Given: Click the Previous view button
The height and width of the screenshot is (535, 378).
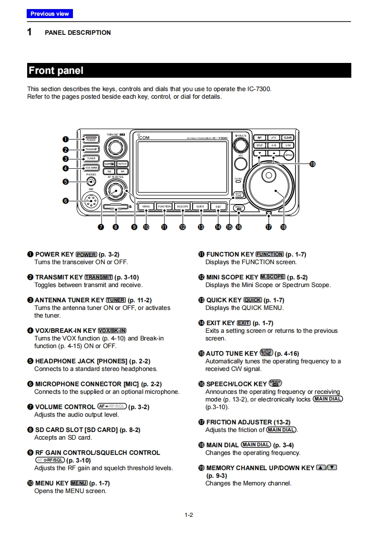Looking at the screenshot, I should (50, 14).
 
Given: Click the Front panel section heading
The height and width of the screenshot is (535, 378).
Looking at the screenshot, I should (56, 71).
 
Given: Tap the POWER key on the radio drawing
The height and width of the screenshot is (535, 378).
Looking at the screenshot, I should (91, 139).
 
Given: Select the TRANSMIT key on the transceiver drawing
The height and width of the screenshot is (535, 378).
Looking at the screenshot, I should (91, 149).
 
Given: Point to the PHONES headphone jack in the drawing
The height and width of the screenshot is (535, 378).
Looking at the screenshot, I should (91, 181).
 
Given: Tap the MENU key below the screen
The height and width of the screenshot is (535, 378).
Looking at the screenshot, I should (146, 206).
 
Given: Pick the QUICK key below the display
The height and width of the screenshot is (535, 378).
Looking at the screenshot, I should (200, 206).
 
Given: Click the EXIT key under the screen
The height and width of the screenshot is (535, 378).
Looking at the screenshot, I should (218, 206).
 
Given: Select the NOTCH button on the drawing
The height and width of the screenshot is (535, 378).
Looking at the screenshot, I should (122, 164).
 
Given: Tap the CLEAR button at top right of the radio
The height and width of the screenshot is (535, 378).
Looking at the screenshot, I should (288, 138).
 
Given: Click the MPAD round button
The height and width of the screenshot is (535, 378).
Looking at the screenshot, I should (289, 155).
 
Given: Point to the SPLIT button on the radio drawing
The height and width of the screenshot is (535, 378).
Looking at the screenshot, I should (259, 145).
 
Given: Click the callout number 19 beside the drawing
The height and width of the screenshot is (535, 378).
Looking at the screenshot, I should (312, 164).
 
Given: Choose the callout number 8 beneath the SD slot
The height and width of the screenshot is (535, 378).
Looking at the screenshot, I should (115, 227).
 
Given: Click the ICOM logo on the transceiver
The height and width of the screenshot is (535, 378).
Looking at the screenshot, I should (143, 138).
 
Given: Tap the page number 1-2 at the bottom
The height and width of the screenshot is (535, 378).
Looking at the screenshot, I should (189, 514).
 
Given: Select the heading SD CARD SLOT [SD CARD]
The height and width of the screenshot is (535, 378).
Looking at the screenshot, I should (87, 430).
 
